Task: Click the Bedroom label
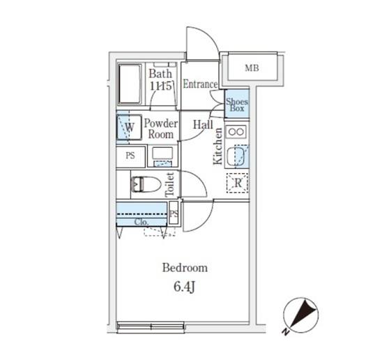pos(185,268)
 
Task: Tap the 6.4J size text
pos(184,287)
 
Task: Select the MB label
pos(252,68)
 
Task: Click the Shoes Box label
pos(237,105)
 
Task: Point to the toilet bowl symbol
pos(146,184)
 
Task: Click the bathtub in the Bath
pos(130,84)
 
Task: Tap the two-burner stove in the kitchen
pos(236,132)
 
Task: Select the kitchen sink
pos(236,156)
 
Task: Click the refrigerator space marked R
pos(238,183)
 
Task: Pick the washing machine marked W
pos(129,128)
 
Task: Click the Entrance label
pos(200,84)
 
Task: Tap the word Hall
pos(203,125)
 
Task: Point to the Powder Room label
pos(161,129)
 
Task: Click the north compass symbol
pos(300,314)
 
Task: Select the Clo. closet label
pos(142,222)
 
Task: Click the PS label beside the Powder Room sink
pos(130,156)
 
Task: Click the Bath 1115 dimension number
pos(160,86)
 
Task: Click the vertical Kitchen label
pos(218,147)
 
